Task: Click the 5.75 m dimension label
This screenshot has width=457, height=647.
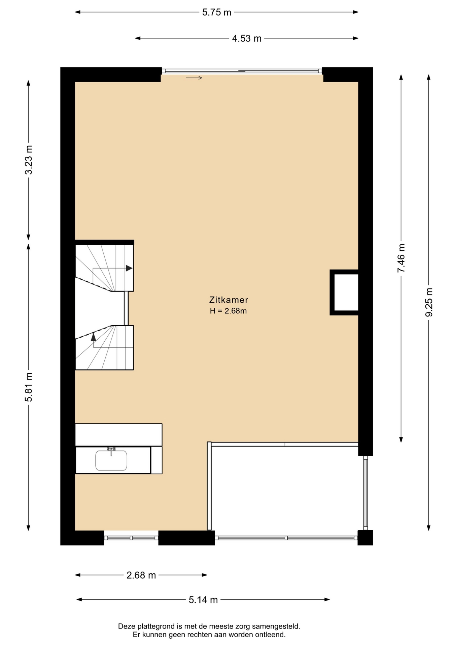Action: click(217, 12)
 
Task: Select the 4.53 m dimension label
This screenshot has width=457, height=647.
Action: click(247, 39)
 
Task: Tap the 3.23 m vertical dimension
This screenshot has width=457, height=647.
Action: click(29, 160)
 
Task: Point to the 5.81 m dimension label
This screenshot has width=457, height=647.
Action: click(29, 387)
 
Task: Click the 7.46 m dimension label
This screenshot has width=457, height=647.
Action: click(401, 258)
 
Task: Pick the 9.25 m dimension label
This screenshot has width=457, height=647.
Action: click(429, 302)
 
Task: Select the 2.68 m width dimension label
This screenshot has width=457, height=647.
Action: click(141, 575)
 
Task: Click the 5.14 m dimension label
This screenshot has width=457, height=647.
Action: click(203, 600)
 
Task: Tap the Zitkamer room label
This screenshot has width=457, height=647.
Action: click(229, 300)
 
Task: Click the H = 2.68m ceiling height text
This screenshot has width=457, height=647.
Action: click(229, 311)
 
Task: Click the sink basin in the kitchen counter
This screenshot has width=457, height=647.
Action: click(111, 460)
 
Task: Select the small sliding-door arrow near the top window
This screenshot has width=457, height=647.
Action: click(194, 78)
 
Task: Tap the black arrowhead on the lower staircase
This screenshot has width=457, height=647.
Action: click(94, 336)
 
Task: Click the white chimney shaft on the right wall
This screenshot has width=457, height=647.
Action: click(346, 292)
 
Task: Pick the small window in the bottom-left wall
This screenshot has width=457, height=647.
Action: click(131, 538)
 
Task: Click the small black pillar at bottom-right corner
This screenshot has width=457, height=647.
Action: click(365, 537)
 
